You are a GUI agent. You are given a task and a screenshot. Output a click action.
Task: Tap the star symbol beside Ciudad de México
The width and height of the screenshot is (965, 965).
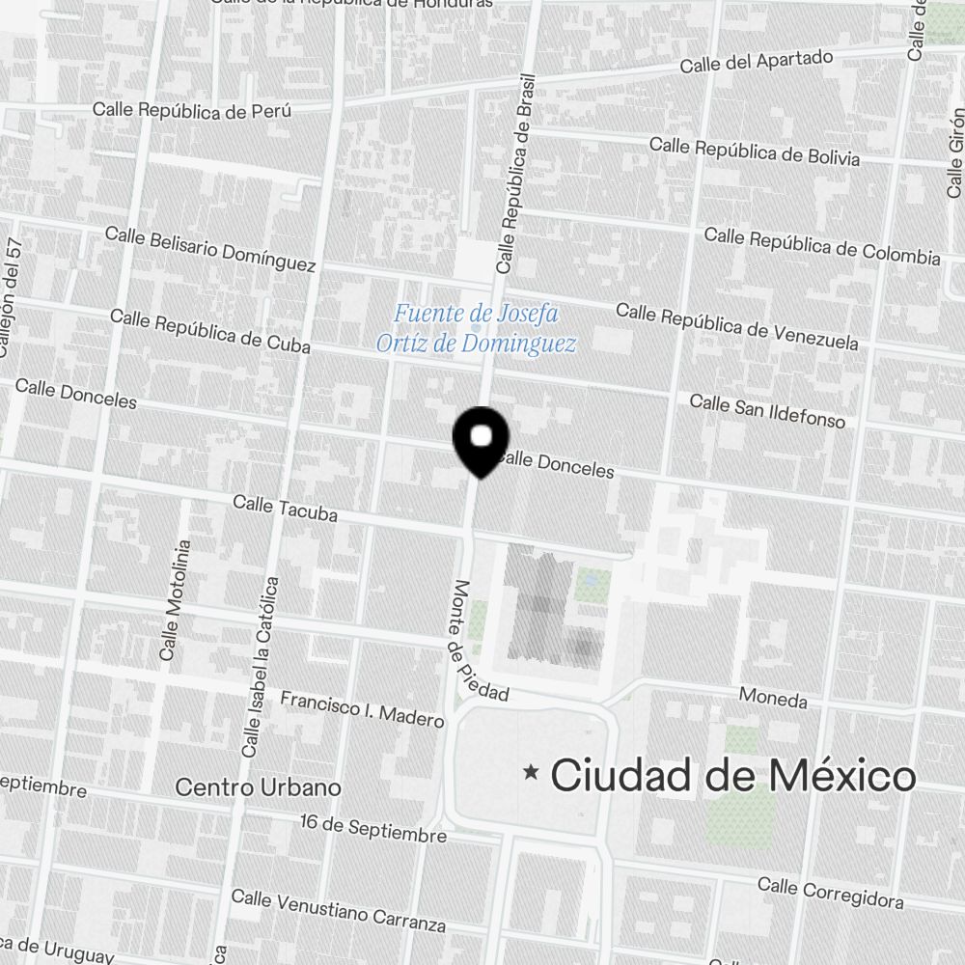pos(530,772)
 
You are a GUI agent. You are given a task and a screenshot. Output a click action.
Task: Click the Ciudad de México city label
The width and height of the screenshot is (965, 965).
pos(732,775)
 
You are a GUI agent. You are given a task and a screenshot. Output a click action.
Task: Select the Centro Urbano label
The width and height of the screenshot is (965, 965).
pos(258,787)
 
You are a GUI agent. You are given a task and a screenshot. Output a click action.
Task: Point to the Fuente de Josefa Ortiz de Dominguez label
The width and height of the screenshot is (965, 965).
pos(476,328)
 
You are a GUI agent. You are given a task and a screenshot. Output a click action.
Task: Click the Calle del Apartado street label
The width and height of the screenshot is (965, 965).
pos(756,62)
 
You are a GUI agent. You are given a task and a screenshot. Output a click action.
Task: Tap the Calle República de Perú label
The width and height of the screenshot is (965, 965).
pos(191,110)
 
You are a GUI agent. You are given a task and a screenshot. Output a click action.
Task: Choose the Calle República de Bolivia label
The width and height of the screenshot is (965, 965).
pos(754,151)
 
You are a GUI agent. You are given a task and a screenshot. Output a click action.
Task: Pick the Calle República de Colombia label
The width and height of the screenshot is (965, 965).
pos(821,246)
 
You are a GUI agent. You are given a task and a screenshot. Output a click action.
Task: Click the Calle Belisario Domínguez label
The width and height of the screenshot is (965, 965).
pos(210,249)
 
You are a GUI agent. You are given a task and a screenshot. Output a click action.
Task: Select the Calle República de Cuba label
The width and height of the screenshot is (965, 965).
pos(209,331)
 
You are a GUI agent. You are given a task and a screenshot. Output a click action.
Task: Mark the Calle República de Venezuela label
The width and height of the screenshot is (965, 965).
pos(736,326)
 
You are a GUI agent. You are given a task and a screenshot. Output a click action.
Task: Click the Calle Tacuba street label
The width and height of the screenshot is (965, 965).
pos(285,509)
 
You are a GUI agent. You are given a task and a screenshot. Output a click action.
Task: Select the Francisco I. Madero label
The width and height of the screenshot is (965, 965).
pos(362,708)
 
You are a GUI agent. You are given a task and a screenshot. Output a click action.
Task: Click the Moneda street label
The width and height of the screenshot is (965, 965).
pos(773,698)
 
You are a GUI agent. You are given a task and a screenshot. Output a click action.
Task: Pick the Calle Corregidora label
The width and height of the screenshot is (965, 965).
pos(830,893)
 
